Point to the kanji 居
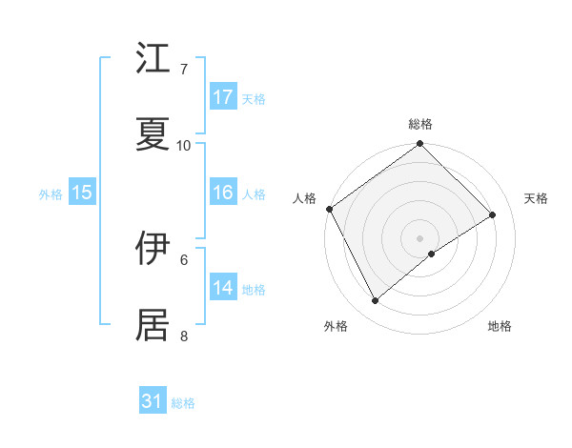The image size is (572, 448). [154, 324]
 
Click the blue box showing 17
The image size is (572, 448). [223, 97]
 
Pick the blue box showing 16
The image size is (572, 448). [223, 193]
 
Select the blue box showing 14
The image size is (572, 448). [223, 288]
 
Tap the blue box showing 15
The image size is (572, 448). [82, 193]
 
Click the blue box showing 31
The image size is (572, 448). [153, 401]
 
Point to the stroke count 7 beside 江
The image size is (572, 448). [184, 70]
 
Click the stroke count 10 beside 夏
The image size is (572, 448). [184, 146]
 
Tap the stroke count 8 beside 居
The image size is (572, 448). [184, 336]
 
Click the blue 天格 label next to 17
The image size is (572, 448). [254, 98]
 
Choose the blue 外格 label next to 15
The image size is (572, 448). [51, 193]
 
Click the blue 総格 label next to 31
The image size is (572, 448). [183, 403]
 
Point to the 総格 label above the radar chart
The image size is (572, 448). [420, 124]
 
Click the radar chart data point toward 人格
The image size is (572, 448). [329, 210]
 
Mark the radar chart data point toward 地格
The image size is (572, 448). [432, 254]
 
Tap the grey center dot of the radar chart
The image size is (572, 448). [419, 237]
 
